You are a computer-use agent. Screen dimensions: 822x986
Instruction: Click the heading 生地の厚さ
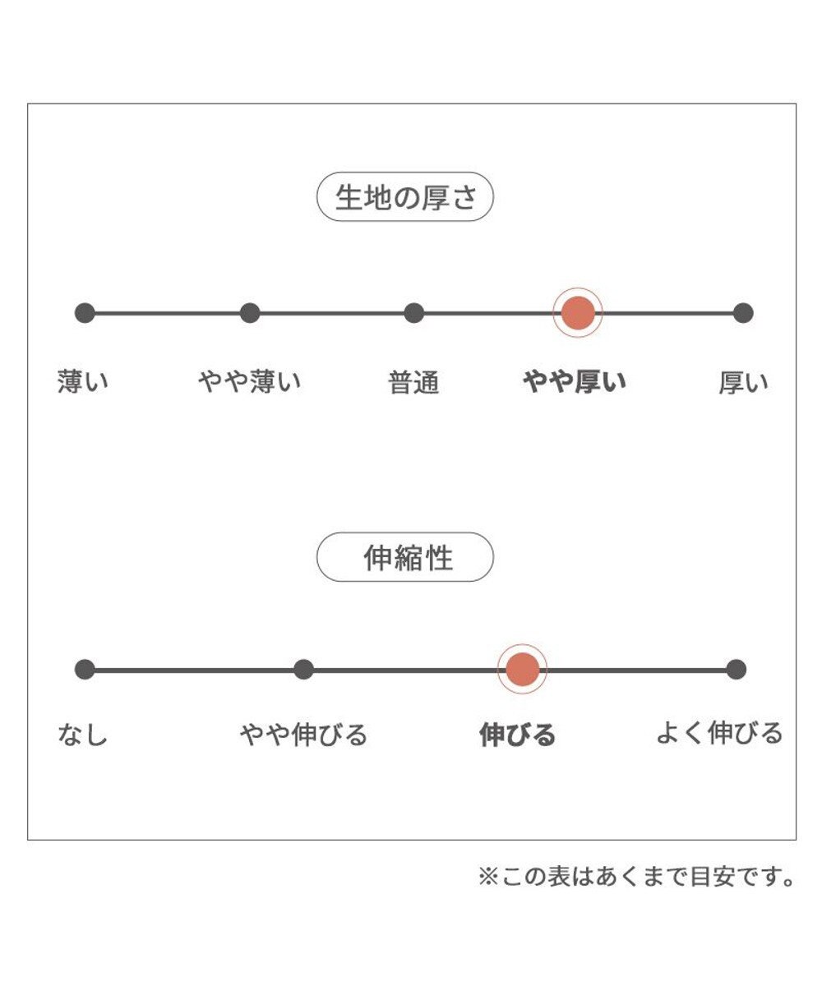[405, 197]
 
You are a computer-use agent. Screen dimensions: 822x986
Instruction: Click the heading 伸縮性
[409, 558]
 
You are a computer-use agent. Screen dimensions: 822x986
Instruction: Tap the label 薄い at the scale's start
[83, 381]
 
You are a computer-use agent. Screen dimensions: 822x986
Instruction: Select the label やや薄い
[249, 381]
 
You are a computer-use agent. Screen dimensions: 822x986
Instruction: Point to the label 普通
[413, 382]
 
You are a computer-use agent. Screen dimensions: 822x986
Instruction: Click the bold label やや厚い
[575, 381]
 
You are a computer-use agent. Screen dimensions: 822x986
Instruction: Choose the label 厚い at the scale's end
[743, 382]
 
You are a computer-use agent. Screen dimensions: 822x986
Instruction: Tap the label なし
[83, 735]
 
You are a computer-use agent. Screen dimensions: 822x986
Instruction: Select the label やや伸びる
[303, 735]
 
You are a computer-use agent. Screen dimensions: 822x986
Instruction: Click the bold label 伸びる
[517, 735]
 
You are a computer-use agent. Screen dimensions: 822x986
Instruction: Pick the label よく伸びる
[719, 734]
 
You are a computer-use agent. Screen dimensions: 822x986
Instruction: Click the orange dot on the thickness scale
[578, 312]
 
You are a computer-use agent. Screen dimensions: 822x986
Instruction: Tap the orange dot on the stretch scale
[522, 669]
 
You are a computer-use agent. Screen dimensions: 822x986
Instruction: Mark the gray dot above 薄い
[85, 313]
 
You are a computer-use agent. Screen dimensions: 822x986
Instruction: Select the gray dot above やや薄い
[250, 313]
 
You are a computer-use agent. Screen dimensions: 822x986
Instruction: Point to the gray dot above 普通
[413, 313]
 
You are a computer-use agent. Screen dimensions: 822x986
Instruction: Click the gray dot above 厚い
[743, 313]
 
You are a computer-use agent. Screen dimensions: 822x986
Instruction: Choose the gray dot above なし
[85, 670]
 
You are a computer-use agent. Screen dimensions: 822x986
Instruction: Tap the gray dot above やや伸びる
[303, 670]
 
